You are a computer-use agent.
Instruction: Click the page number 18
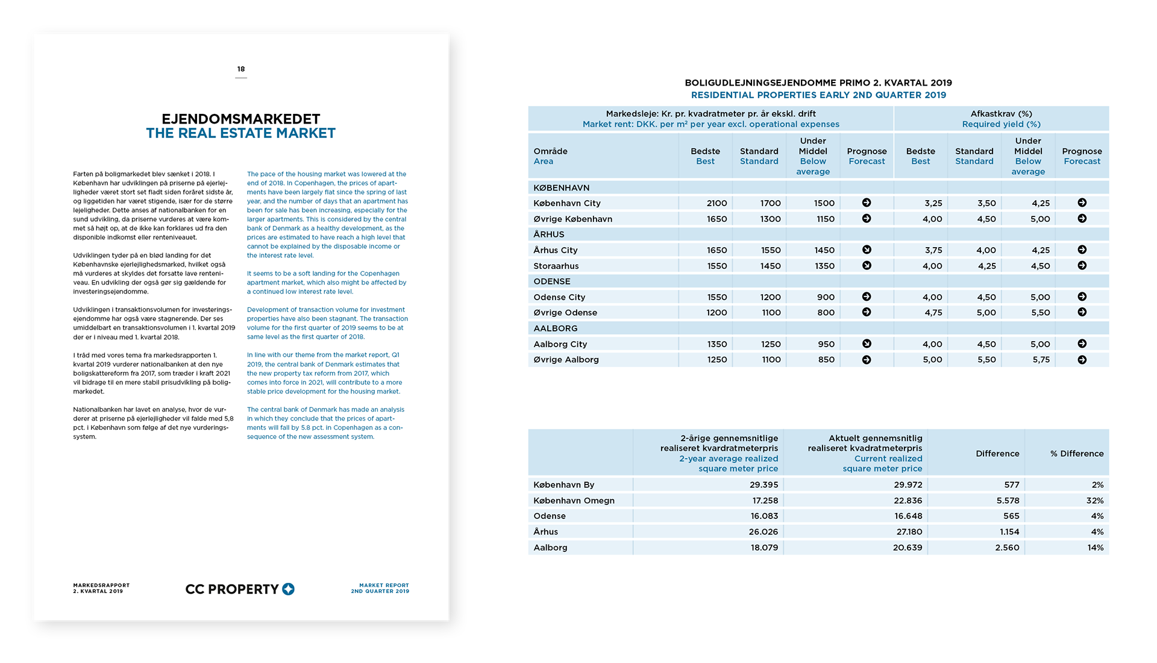tap(241, 69)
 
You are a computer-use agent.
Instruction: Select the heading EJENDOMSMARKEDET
tap(240, 119)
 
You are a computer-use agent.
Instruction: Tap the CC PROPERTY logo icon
tap(289, 589)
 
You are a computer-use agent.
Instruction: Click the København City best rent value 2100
tap(716, 204)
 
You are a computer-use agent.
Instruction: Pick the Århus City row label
tap(555, 250)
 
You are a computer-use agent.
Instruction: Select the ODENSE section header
tap(551, 281)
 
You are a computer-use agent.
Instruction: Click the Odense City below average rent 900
tap(826, 297)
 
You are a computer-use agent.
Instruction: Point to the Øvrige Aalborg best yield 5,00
tap(932, 360)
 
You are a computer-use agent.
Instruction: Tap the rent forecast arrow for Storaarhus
tap(867, 266)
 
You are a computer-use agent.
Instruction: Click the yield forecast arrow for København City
tap(1082, 203)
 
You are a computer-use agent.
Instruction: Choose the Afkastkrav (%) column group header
tap(1001, 114)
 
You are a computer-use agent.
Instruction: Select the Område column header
tap(550, 151)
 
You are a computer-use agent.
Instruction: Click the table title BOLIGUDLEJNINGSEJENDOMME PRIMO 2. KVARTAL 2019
tap(818, 83)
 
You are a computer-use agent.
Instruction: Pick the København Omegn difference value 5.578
tap(1008, 501)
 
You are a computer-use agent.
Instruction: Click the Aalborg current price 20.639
tap(907, 548)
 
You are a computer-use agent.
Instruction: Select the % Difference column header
tap(1077, 454)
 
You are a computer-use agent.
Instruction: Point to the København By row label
tap(563, 485)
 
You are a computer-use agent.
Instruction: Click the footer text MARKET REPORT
tap(384, 585)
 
